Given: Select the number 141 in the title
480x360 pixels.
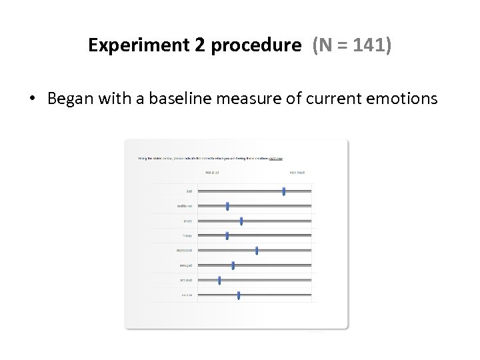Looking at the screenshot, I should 375,46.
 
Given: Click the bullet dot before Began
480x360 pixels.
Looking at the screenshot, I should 32,99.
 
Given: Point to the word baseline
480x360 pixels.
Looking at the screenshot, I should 196,99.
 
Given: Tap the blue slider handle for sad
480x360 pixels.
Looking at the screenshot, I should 284,191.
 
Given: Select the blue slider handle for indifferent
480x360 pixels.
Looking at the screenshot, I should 227,206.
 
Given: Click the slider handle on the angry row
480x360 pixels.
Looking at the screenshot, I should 241,221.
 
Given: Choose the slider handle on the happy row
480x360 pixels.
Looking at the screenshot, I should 227,235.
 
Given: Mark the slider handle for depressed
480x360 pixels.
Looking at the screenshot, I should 257,250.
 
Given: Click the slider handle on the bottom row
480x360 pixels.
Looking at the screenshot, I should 239,295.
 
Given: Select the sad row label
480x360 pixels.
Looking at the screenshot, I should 189,191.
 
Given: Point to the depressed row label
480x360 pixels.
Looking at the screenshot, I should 185,251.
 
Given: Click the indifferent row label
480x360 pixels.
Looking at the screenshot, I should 185,206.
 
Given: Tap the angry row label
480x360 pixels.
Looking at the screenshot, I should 188,221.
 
